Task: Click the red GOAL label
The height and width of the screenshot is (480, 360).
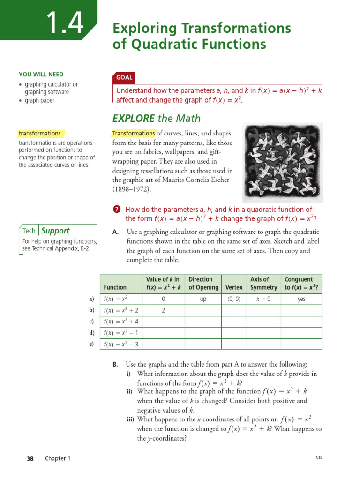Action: tap(124, 77)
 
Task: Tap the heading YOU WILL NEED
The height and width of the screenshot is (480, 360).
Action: tap(41, 75)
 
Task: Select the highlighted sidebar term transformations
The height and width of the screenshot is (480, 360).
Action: tap(39, 134)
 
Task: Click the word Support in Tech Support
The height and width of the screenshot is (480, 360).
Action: tap(55, 231)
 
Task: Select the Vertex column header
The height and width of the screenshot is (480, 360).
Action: tap(234, 287)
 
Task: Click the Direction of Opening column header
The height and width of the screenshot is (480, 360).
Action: tap(203, 283)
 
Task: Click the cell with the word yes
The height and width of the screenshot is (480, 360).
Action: tap(302, 299)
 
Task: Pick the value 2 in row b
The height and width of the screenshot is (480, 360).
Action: tap(163, 310)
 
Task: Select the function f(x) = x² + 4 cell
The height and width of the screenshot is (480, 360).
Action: tap(120, 322)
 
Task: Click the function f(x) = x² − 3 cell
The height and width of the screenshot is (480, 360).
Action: tap(120, 344)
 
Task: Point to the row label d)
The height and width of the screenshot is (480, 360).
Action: tap(91, 333)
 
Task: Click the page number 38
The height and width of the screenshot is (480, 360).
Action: tap(30, 458)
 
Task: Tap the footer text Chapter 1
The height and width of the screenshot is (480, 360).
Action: tap(58, 458)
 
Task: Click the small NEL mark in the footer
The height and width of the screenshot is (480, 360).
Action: tap(319, 458)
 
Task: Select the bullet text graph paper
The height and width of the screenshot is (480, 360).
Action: tap(39, 101)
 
